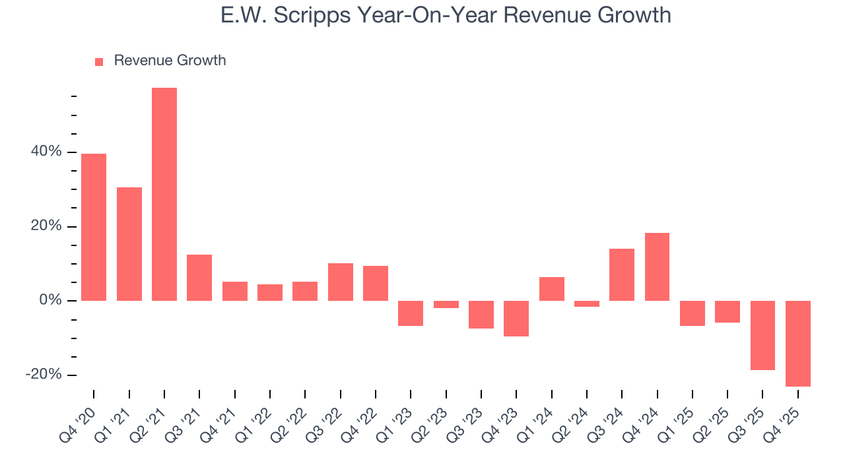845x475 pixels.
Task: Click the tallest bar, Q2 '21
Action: coord(164,194)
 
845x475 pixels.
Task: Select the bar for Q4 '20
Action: coord(94,227)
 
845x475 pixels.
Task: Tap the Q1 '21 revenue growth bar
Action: coord(129,244)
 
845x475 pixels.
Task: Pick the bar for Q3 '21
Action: coord(199,278)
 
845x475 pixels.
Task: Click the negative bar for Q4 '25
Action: coord(797,343)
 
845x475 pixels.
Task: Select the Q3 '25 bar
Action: coord(762,335)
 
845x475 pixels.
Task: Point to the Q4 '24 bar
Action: coord(657,267)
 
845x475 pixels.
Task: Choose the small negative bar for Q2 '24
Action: coord(587,304)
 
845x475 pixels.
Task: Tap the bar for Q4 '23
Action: coord(516,319)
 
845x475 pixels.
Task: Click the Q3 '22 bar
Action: coord(341,282)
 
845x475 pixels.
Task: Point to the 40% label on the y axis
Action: coord(47,152)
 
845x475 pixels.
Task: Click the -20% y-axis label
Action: coord(44,375)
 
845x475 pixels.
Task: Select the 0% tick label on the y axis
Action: coord(50,301)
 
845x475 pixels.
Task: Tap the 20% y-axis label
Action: coord(47,226)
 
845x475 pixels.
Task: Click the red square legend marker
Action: coord(99,61)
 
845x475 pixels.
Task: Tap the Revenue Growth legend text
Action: coord(170,61)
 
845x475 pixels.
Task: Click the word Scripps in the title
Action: coord(316,16)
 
